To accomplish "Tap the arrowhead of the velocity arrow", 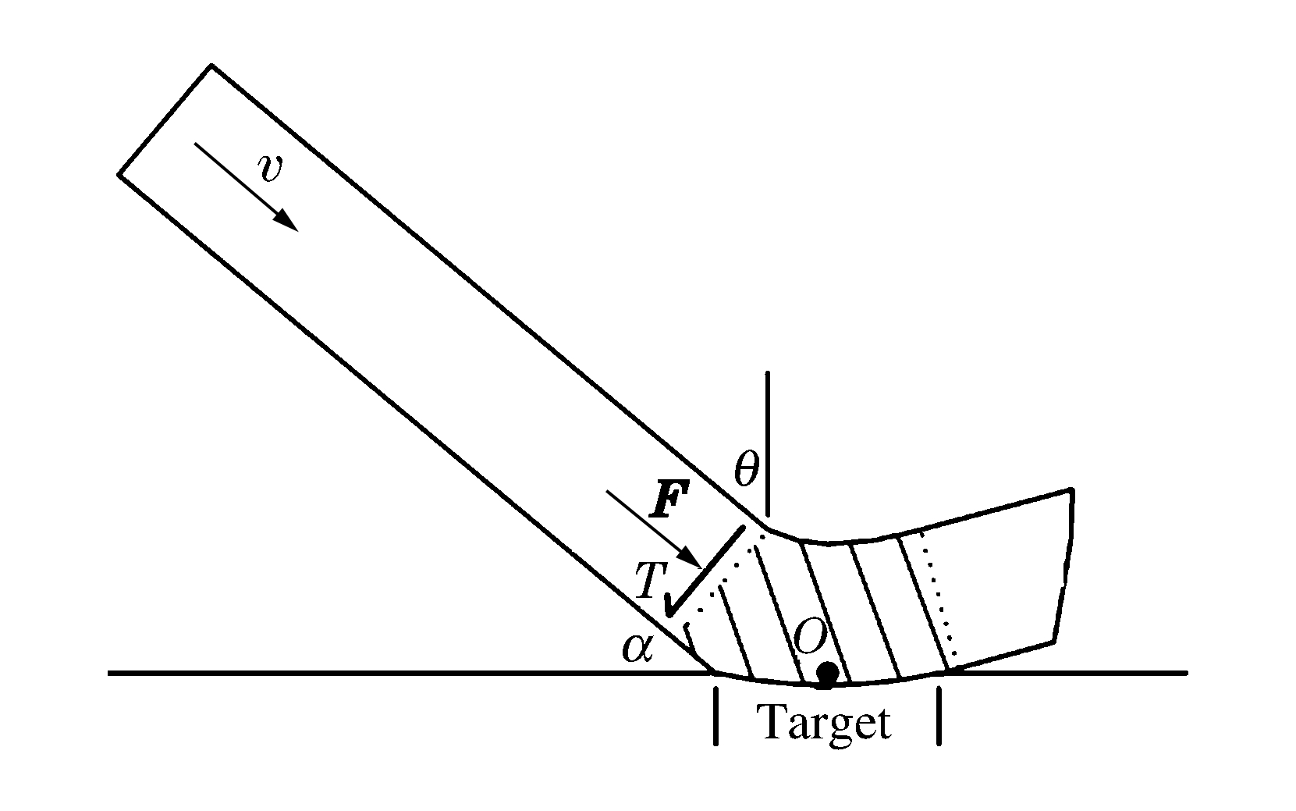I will coord(287,221).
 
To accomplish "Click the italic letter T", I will coord(647,582).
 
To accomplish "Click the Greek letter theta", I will coord(746,470).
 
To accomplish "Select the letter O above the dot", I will coord(810,638).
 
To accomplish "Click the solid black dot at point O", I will coord(827,672).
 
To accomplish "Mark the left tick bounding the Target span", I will coord(715,716).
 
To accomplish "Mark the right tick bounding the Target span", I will coord(939,716).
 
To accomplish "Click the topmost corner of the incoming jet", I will coord(211,66).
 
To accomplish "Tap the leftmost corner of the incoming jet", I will coord(119,174).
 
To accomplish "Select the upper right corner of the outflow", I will coord(1071,490).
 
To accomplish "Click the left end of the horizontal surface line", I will coord(110,672).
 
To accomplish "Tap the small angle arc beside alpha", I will coord(688,638).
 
